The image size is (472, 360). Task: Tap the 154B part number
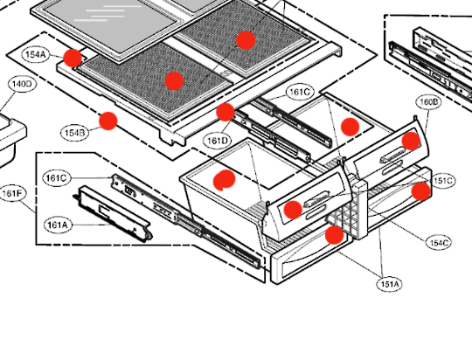pos(74,133)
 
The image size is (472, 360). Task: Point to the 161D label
pos(218,140)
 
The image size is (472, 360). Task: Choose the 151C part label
pos(442,181)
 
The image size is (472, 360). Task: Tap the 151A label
pos(389,284)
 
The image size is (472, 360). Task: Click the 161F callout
pos(13,193)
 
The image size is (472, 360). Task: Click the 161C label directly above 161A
pos(56,178)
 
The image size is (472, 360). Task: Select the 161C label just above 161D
pos(299,92)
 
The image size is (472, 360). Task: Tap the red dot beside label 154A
pos(73,59)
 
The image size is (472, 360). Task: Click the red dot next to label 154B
pos(108,121)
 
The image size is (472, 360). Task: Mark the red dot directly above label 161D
pos(226,111)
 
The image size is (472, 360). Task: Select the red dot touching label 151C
pos(421,190)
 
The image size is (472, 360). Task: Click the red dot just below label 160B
pos(411,142)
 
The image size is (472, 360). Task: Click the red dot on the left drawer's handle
pos(292,209)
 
